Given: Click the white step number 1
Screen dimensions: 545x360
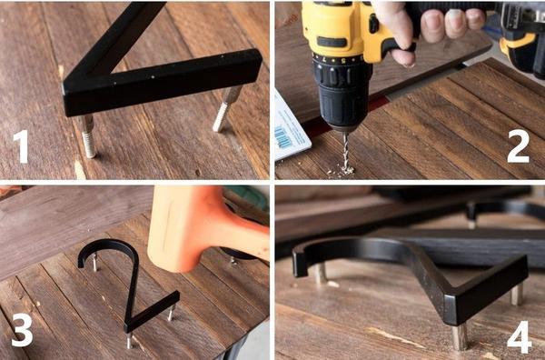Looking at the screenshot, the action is click(22, 146).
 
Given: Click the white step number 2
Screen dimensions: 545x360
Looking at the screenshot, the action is click(519, 146).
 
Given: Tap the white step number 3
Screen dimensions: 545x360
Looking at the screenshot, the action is click(22, 330).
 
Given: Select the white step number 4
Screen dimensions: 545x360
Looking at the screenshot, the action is click(520, 337).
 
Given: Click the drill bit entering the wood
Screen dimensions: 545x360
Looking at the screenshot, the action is click(346, 151).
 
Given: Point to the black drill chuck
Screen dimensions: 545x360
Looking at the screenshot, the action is click(342, 92).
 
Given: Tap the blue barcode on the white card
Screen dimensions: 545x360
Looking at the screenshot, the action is click(283, 137).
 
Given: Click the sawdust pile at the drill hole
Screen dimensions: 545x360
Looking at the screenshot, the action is click(342, 171).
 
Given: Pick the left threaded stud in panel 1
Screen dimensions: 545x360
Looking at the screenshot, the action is click(88, 137).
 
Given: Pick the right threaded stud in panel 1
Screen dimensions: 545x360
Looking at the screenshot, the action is click(226, 108).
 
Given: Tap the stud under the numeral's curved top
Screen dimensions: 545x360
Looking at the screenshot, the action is click(94, 263).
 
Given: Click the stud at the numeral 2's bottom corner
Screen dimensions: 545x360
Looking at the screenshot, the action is click(129, 340).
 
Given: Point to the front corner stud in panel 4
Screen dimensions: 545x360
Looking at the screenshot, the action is click(460, 337).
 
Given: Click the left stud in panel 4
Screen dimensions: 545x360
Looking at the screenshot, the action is click(321, 273).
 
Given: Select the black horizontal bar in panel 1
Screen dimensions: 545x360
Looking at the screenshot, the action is click(163, 83).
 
